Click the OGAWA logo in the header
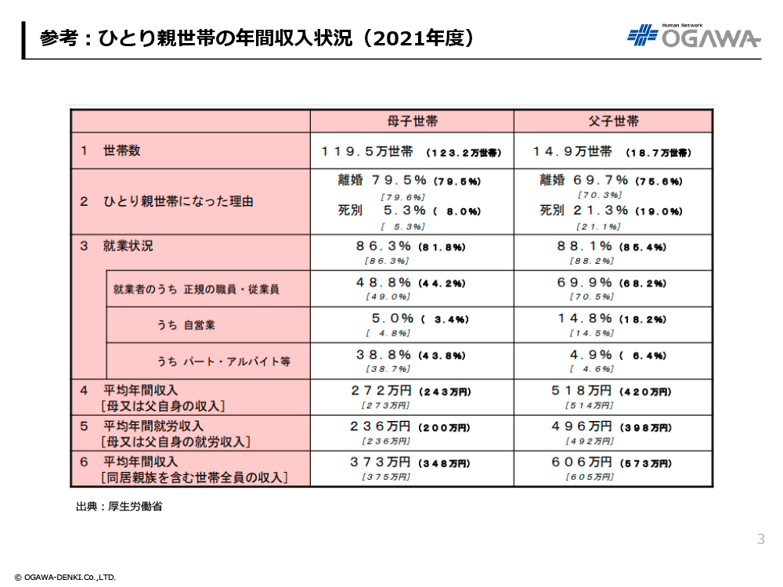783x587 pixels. tap(694, 36)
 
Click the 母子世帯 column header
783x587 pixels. tap(412, 121)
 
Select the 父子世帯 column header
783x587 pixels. tap(613, 121)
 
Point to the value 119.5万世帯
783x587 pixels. tap(368, 151)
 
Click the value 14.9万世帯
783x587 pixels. tap(572, 151)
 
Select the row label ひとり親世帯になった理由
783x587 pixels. tap(179, 201)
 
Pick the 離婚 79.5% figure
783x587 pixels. tap(382, 181)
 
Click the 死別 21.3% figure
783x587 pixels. tap(584, 211)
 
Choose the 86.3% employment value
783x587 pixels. tap(384, 246)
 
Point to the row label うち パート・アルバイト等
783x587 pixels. tap(223, 362)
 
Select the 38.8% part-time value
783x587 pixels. tap(384, 355)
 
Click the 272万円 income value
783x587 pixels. tap(381, 391)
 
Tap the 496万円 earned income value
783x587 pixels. tap(583, 427)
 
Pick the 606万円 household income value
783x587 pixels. tap(583, 463)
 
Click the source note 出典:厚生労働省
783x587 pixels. tap(119, 506)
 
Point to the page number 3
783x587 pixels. tap(761, 539)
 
